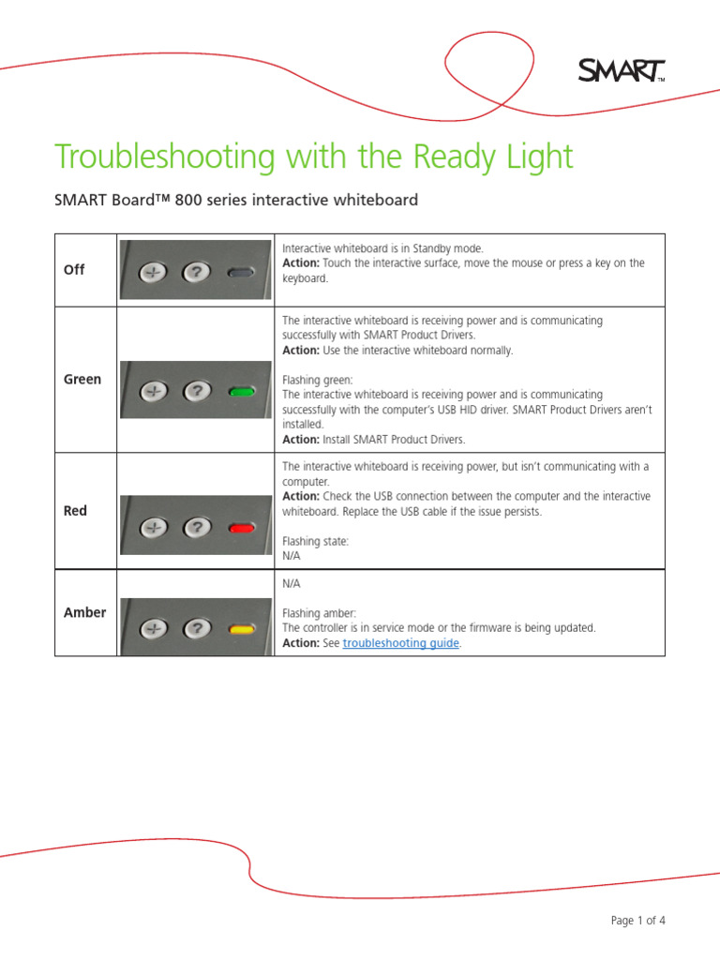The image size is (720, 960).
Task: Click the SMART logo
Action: [x=620, y=70]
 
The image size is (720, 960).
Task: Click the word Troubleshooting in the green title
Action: [x=164, y=157]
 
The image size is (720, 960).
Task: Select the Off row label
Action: [x=74, y=269]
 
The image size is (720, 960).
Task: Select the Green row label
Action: [x=82, y=380]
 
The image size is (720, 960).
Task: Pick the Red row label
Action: [x=75, y=511]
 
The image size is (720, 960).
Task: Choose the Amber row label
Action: [x=84, y=612]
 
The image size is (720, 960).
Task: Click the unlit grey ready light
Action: [x=241, y=273]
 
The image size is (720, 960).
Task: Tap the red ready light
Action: [x=241, y=528]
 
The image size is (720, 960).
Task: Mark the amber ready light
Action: [x=241, y=629]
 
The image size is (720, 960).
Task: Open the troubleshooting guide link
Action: [x=401, y=643]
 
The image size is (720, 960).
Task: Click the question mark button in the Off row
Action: [x=195, y=273]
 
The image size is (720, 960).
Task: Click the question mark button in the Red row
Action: [x=195, y=528]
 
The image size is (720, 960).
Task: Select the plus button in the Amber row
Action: [x=153, y=629]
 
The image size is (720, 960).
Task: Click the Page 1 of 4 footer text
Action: [x=637, y=920]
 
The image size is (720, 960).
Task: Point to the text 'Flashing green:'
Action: [x=318, y=381]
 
